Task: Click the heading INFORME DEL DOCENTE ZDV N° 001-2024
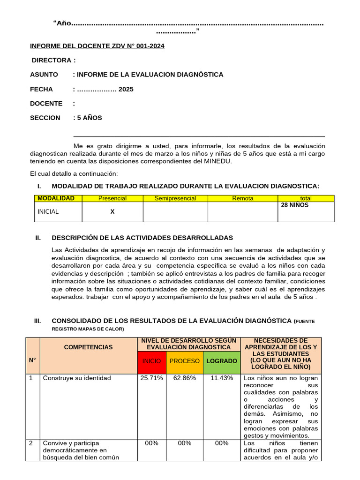(x=97, y=46)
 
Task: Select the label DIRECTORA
(x=53, y=60)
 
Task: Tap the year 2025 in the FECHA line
(x=126, y=89)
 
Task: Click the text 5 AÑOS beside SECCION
(x=89, y=118)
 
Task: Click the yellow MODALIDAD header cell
(x=56, y=198)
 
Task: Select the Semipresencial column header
(x=175, y=198)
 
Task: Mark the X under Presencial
(x=112, y=211)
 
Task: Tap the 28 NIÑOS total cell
(x=295, y=205)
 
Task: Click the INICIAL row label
(x=48, y=211)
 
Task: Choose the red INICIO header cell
(x=151, y=361)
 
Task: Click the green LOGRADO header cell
(x=221, y=361)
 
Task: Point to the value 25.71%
(x=151, y=378)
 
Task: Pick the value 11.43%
(x=221, y=378)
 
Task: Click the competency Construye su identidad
(x=77, y=378)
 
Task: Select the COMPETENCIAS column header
(x=88, y=347)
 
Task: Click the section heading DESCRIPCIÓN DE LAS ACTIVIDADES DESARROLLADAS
(x=142, y=238)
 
